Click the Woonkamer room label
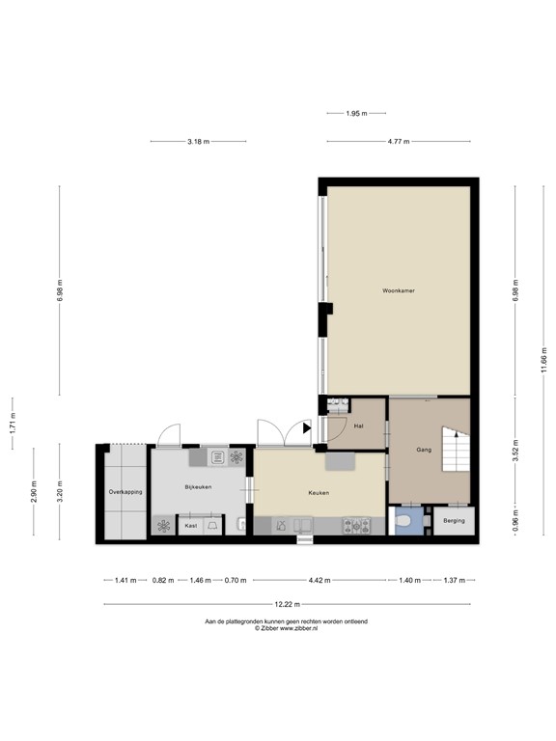tap(399, 290)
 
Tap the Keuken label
tap(319, 493)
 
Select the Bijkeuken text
tap(199, 487)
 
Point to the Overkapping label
tap(125, 492)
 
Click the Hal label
tap(358, 425)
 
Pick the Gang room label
tap(423, 451)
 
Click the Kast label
tap(191, 526)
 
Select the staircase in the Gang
tap(453, 448)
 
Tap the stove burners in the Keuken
tap(358, 526)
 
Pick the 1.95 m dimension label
tap(356, 114)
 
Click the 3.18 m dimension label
tap(200, 142)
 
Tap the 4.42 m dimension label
tap(319, 581)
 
